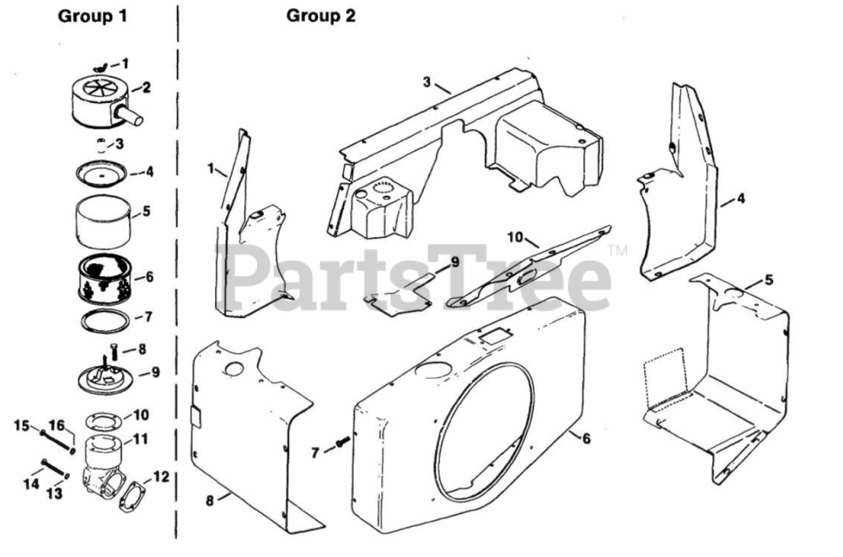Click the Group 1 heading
92,16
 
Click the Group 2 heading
321,16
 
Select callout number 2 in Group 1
147,86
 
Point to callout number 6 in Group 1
149,276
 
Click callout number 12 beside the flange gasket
161,477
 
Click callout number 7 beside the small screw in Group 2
315,453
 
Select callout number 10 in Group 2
515,236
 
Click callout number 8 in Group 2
210,500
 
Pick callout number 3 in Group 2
427,81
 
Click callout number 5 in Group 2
768,279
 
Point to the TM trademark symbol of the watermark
618,251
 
